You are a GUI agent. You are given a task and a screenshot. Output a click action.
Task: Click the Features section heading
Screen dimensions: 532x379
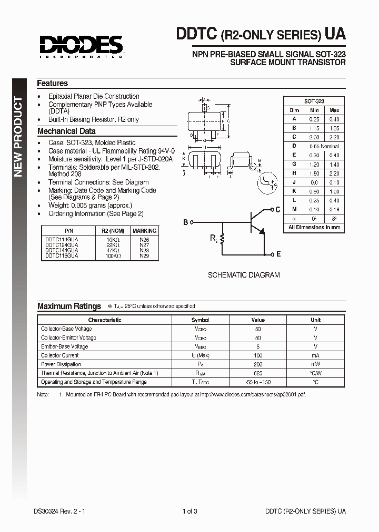(x=52, y=84)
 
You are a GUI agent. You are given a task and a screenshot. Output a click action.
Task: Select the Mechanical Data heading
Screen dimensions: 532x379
(x=66, y=131)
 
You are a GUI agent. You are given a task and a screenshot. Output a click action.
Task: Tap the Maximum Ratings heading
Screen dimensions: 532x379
(x=69, y=306)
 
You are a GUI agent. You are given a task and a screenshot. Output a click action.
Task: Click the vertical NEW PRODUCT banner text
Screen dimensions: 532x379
(x=18, y=137)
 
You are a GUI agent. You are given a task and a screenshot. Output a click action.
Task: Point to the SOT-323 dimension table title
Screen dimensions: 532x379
(x=314, y=101)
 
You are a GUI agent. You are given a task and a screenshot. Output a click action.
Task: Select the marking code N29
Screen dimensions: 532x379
(x=144, y=255)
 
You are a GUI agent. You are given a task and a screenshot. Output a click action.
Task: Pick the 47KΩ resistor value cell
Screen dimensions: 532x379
(x=111, y=250)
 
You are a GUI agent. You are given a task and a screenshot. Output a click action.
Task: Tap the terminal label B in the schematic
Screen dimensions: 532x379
(x=185, y=222)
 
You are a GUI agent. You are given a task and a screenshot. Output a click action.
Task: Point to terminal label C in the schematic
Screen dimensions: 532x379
(x=278, y=210)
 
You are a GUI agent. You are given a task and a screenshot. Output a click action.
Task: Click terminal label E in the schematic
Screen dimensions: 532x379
(x=278, y=254)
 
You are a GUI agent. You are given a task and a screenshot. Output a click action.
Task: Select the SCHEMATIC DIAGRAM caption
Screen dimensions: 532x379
(x=244, y=275)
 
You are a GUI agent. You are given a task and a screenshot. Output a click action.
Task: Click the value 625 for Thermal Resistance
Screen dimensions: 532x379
(x=258, y=373)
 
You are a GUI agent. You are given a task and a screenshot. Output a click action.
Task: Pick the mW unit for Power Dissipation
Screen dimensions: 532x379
(x=315, y=364)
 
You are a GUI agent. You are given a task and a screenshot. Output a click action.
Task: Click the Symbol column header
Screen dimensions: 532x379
(x=200, y=320)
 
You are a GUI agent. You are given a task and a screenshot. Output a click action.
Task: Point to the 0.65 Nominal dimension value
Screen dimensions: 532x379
(x=324, y=146)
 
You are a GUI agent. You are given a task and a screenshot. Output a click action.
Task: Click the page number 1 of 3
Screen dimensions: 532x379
(x=189, y=511)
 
